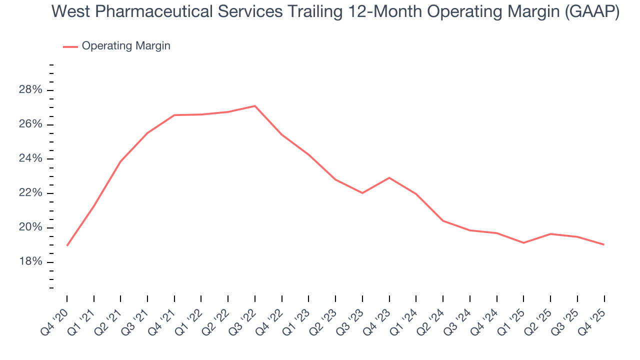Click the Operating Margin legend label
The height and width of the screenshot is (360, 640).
click(126, 46)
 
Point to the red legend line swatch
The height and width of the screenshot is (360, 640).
click(70, 46)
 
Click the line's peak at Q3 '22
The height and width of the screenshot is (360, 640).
click(255, 106)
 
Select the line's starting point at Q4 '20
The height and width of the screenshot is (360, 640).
click(67, 245)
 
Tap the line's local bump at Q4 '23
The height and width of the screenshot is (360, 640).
click(389, 177)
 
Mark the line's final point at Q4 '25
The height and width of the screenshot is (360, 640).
click(604, 244)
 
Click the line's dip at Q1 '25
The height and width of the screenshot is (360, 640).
click(523, 243)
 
